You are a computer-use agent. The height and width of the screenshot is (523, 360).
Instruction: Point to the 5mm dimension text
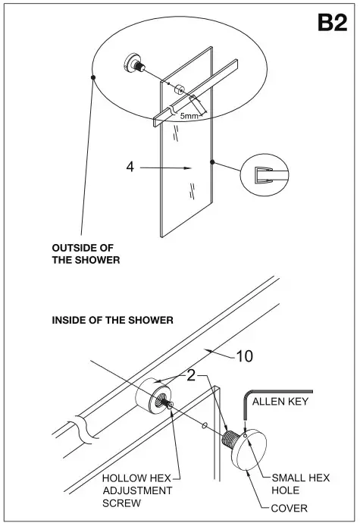(189, 116)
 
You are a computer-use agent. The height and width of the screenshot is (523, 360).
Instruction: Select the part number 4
(130, 166)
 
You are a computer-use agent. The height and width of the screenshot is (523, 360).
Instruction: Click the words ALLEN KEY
(280, 401)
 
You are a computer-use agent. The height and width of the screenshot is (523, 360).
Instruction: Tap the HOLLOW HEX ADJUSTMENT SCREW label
(136, 490)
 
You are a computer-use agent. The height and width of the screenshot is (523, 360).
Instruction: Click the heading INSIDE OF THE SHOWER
(112, 321)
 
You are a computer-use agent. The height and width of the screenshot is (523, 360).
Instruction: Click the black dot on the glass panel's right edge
(213, 161)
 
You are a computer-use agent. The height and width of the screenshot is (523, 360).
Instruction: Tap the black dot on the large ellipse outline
(92, 77)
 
